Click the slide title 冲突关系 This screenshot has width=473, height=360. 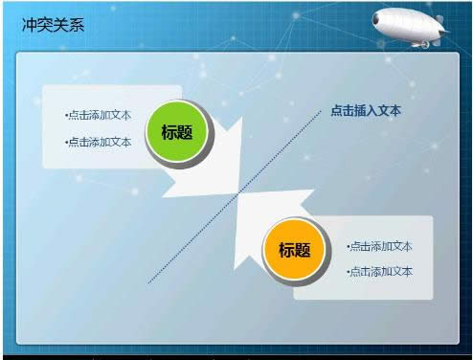click(53, 24)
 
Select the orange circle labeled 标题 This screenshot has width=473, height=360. click(295, 250)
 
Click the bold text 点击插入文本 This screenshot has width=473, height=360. click(366, 110)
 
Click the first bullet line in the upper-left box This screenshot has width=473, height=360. click(99, 115)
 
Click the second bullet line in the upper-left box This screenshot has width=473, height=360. click(99, 142)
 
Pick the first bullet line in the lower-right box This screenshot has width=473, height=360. click(379, 246)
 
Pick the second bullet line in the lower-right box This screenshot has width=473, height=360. click(379, 271)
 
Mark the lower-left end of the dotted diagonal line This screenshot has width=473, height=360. click(149, 281)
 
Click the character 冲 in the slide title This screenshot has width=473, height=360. click(30, 24)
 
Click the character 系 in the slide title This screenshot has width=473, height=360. click(77, 24)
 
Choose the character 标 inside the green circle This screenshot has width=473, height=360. click(169, 133)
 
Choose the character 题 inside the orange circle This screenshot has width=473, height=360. click(304, 250)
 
